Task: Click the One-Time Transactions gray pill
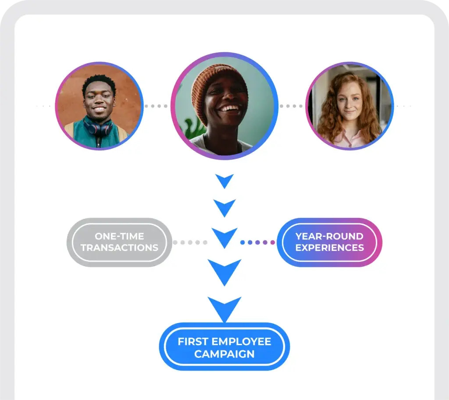pos(119,243)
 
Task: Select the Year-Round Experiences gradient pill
pos(330,243)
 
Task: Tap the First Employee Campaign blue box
pos(224,346)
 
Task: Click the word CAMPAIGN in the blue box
pos(224,354)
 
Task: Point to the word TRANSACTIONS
pos(119,247)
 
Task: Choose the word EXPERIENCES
pos(330,247)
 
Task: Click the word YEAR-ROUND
pos(330,236)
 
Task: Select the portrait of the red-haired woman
pos(349,106)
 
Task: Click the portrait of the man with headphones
pos(100,106)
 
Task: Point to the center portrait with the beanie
pos(224,106)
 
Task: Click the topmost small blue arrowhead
pos(224,180)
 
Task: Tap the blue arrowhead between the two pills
pos(224,237)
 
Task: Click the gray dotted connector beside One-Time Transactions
pos(190,243)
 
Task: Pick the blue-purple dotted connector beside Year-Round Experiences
pos(257,243)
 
